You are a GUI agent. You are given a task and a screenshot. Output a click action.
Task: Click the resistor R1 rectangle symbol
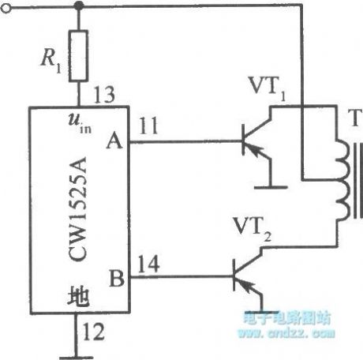(x=77, y=56)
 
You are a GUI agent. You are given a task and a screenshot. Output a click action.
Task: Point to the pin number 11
(x=148, y=126)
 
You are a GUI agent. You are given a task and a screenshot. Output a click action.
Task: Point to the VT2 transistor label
(x=255, y=230)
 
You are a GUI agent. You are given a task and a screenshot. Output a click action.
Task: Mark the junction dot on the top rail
(x=77, y=6)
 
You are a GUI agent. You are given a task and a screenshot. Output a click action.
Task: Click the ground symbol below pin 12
(x=77, y=337)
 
